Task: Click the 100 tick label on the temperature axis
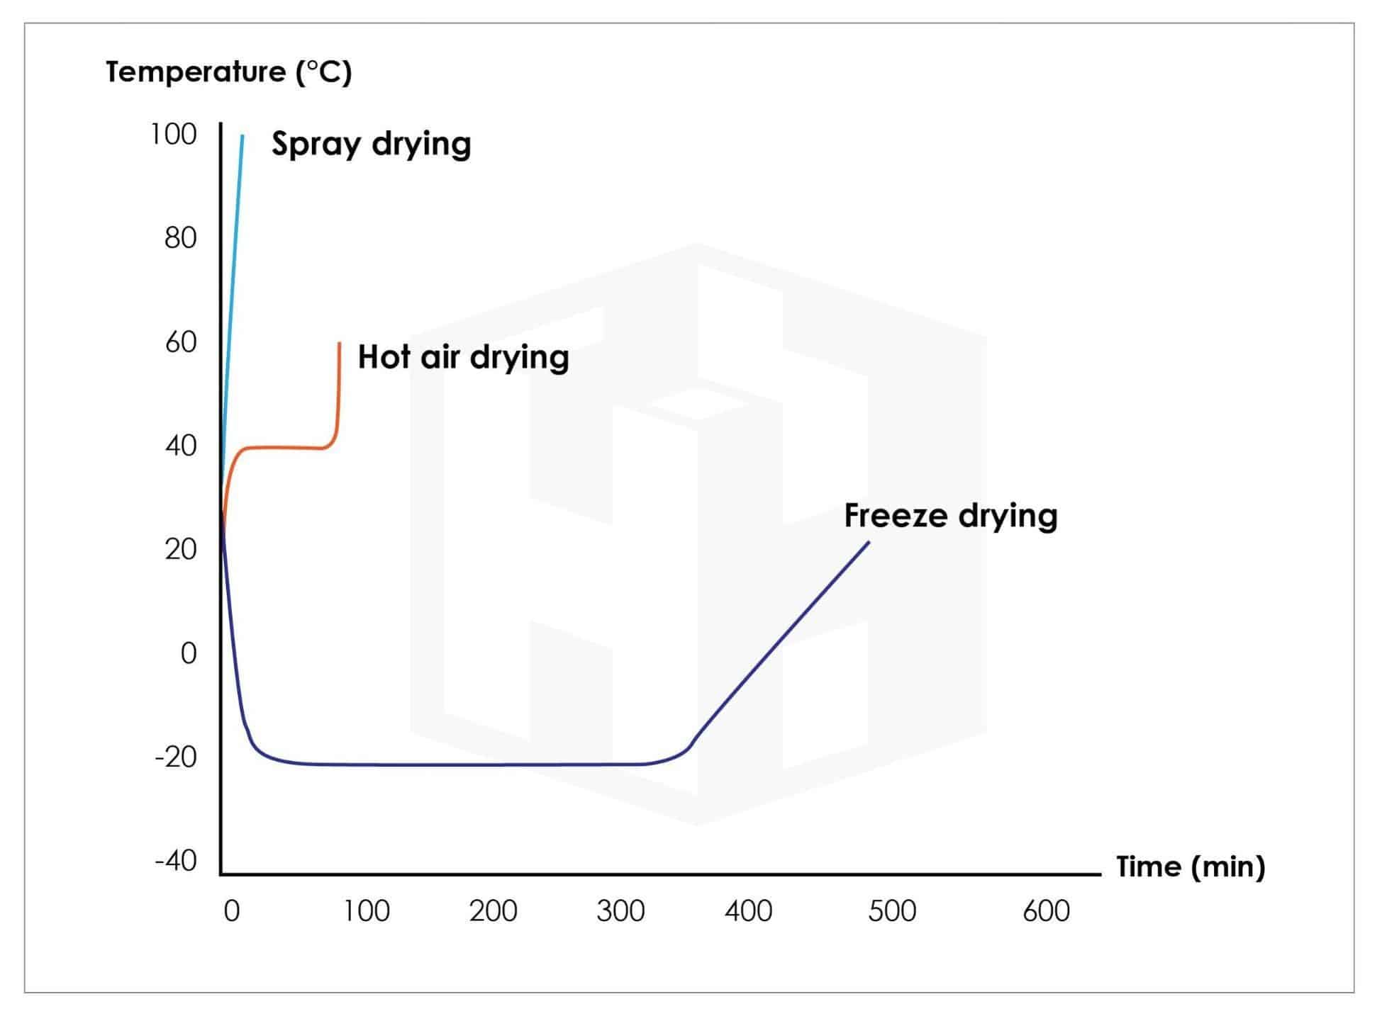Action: pos(173,134)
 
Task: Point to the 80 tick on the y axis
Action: pos(180,238)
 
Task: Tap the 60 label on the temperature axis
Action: pos(180,342)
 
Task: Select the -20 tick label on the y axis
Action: pos(175,757)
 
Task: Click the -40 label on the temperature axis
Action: pos(175,861)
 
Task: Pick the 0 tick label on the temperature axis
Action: pos(188,653)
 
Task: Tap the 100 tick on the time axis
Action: pos(366,911)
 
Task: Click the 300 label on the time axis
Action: pos(620,911)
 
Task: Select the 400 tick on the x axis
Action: pos(748,911)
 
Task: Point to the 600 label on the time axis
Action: pos(1046,911)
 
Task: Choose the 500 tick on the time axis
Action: pos(892,911)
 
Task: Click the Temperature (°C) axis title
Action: pos(228,72)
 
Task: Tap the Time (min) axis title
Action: pos(1191,867)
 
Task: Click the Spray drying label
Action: pos(371,145)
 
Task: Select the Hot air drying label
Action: pos(463,357)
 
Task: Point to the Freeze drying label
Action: pos(950,516)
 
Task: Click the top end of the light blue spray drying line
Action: pos(243,135)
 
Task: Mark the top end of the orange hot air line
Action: pos(340,344)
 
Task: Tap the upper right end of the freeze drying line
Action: pos(869,543)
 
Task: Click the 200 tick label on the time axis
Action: pos(493,911)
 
